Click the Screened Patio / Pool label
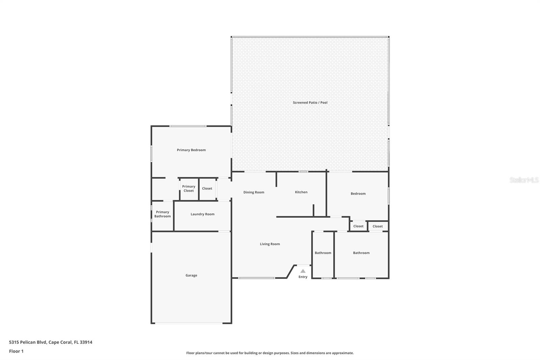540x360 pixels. coord(310,103)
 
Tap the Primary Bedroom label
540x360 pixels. coord(191,150)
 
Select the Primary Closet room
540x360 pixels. coord(189,189)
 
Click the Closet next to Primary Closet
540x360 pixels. coord(207,188)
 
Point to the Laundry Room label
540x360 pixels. coord(202,214)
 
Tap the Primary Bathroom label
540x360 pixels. coord(162,214)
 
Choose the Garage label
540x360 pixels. coord(191,275)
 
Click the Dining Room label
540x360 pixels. coord(254,192)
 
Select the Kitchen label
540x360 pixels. coord(301,192)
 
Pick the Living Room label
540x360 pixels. coord(270,244)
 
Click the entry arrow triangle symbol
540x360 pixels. coord(303,271)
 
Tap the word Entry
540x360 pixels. coord(303,277)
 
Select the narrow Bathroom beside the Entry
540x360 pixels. coord(323,253)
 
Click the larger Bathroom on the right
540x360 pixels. coord(361,253)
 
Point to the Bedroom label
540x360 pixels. coord(358,194)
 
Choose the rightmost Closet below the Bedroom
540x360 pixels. coord(377,226)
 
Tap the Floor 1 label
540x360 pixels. coord(16,351)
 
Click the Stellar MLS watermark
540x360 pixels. coord(524,180)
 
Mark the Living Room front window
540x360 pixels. coord(256,278)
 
